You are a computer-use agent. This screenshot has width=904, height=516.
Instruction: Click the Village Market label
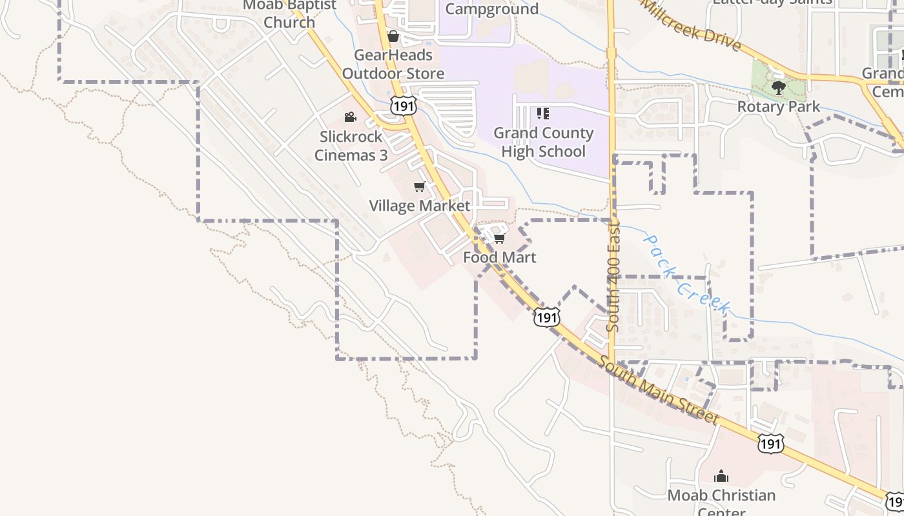tap(419, 206)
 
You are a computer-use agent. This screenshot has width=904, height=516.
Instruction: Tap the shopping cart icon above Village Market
tap(419, 187)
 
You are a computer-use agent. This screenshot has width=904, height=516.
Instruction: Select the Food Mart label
tap(499, 257)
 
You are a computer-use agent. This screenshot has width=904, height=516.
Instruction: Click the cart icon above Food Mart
tap(499, 239)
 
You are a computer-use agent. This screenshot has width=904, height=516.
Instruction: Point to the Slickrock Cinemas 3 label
tap(351, 146)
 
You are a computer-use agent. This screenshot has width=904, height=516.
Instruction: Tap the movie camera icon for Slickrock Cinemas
tap(350, 117)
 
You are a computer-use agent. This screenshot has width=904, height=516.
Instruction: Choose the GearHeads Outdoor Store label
tap(393, 64)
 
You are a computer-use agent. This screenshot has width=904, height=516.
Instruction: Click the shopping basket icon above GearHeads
tap(393, 36)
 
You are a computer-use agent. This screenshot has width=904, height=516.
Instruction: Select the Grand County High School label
tap(543, 142)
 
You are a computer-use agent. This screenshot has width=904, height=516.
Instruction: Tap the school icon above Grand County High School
tap(543, 114)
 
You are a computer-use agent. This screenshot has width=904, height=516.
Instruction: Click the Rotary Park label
tap(778, 106)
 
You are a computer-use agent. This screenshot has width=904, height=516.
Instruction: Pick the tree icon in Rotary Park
tap(778, 87)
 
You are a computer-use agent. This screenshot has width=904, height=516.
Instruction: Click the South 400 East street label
tap(613, 277)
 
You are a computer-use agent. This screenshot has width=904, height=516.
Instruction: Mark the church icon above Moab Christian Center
tap(721, 477)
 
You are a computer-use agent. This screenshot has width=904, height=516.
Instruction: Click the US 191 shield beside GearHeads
tap(404, 106)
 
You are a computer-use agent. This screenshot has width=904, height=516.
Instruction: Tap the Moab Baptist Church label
tap(289, 14)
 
